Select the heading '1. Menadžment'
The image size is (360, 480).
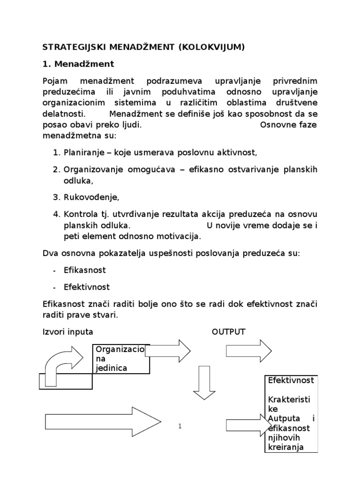point(78,63)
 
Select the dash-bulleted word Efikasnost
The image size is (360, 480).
point(85,270)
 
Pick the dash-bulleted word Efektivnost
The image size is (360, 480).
point(87,286)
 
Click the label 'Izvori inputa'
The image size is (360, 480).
point(67,332)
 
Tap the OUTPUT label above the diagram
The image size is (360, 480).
point(228,332)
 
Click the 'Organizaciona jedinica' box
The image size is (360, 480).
point(121,359)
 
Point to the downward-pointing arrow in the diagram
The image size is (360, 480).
point(204,382)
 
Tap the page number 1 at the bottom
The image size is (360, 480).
point(180,426)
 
